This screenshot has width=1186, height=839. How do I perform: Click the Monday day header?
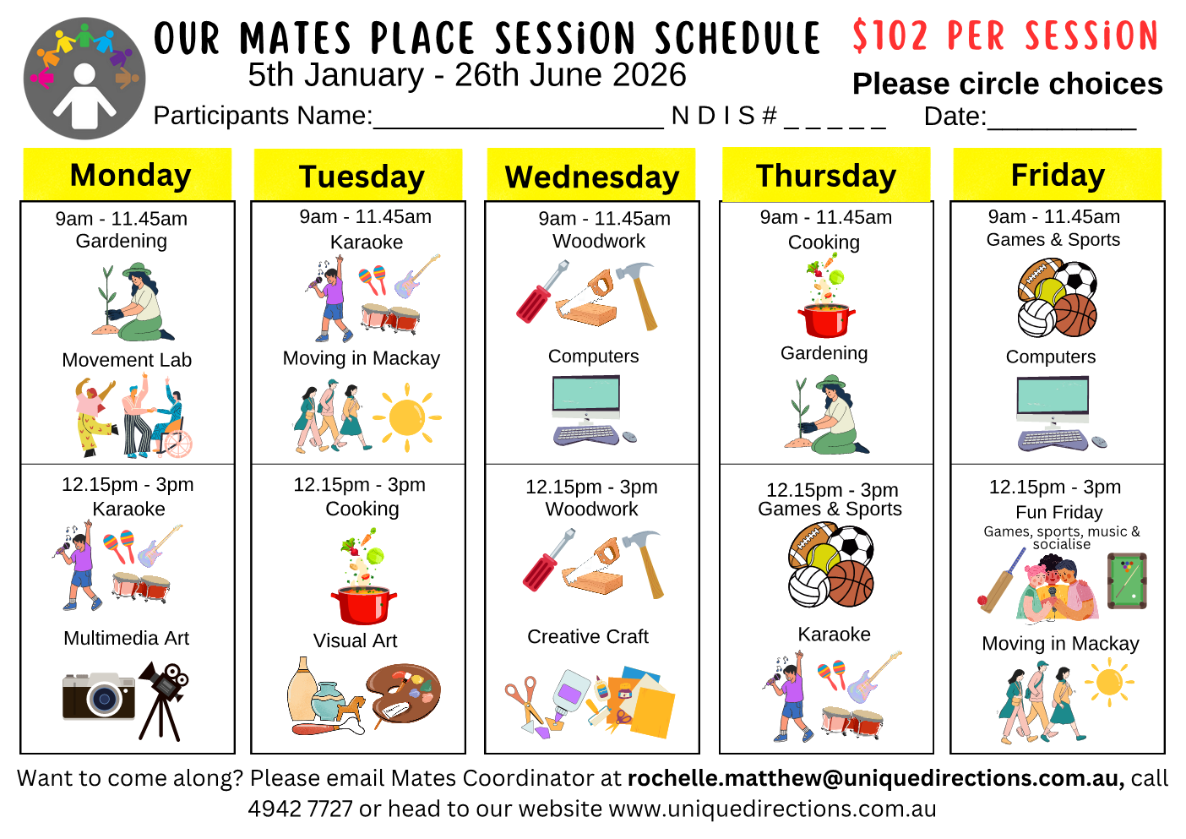click(130, 175)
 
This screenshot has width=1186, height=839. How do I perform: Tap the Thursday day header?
click(825, 176)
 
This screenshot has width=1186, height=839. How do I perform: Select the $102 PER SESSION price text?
click(1005, 36)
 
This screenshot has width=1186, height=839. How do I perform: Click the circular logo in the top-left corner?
click(84, 79)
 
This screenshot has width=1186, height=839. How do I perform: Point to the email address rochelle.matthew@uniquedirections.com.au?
click(875, 778)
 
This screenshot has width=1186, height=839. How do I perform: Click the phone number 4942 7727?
click(300, 809)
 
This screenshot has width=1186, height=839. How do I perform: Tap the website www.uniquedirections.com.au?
click(772, 809)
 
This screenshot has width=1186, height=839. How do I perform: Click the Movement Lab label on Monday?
click(127, 360)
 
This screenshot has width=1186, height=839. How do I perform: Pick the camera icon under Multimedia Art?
click(99, 695)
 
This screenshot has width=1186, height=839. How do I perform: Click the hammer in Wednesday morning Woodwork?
click(638, 292)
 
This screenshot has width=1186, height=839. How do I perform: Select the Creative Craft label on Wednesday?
click(588, 636)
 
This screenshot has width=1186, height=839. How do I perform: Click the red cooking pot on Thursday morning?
click(825, 319)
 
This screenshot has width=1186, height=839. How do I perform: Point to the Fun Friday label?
click(1059, 512)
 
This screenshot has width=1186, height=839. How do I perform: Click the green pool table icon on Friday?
click(1127, 580)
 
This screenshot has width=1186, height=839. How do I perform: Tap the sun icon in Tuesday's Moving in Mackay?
click(407, 417)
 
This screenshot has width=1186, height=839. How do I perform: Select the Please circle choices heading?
click(1007, 84)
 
